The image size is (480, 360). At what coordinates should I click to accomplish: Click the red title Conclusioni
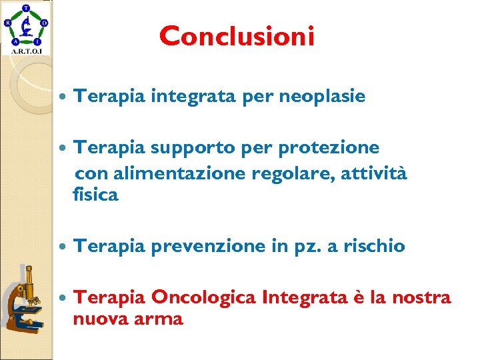tap(237, 36)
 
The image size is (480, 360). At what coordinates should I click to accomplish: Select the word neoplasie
tap(322, 97)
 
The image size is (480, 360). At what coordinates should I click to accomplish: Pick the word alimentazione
tap(181, 174)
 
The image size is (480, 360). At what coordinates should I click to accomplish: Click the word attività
tap(374, 174)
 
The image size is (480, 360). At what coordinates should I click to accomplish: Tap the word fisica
tap(95, 195)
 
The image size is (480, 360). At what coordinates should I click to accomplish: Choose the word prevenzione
tap(209, 247)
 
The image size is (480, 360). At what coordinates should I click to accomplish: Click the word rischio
tap(374, 247)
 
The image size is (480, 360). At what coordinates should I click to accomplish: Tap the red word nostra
tap(422, 297)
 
